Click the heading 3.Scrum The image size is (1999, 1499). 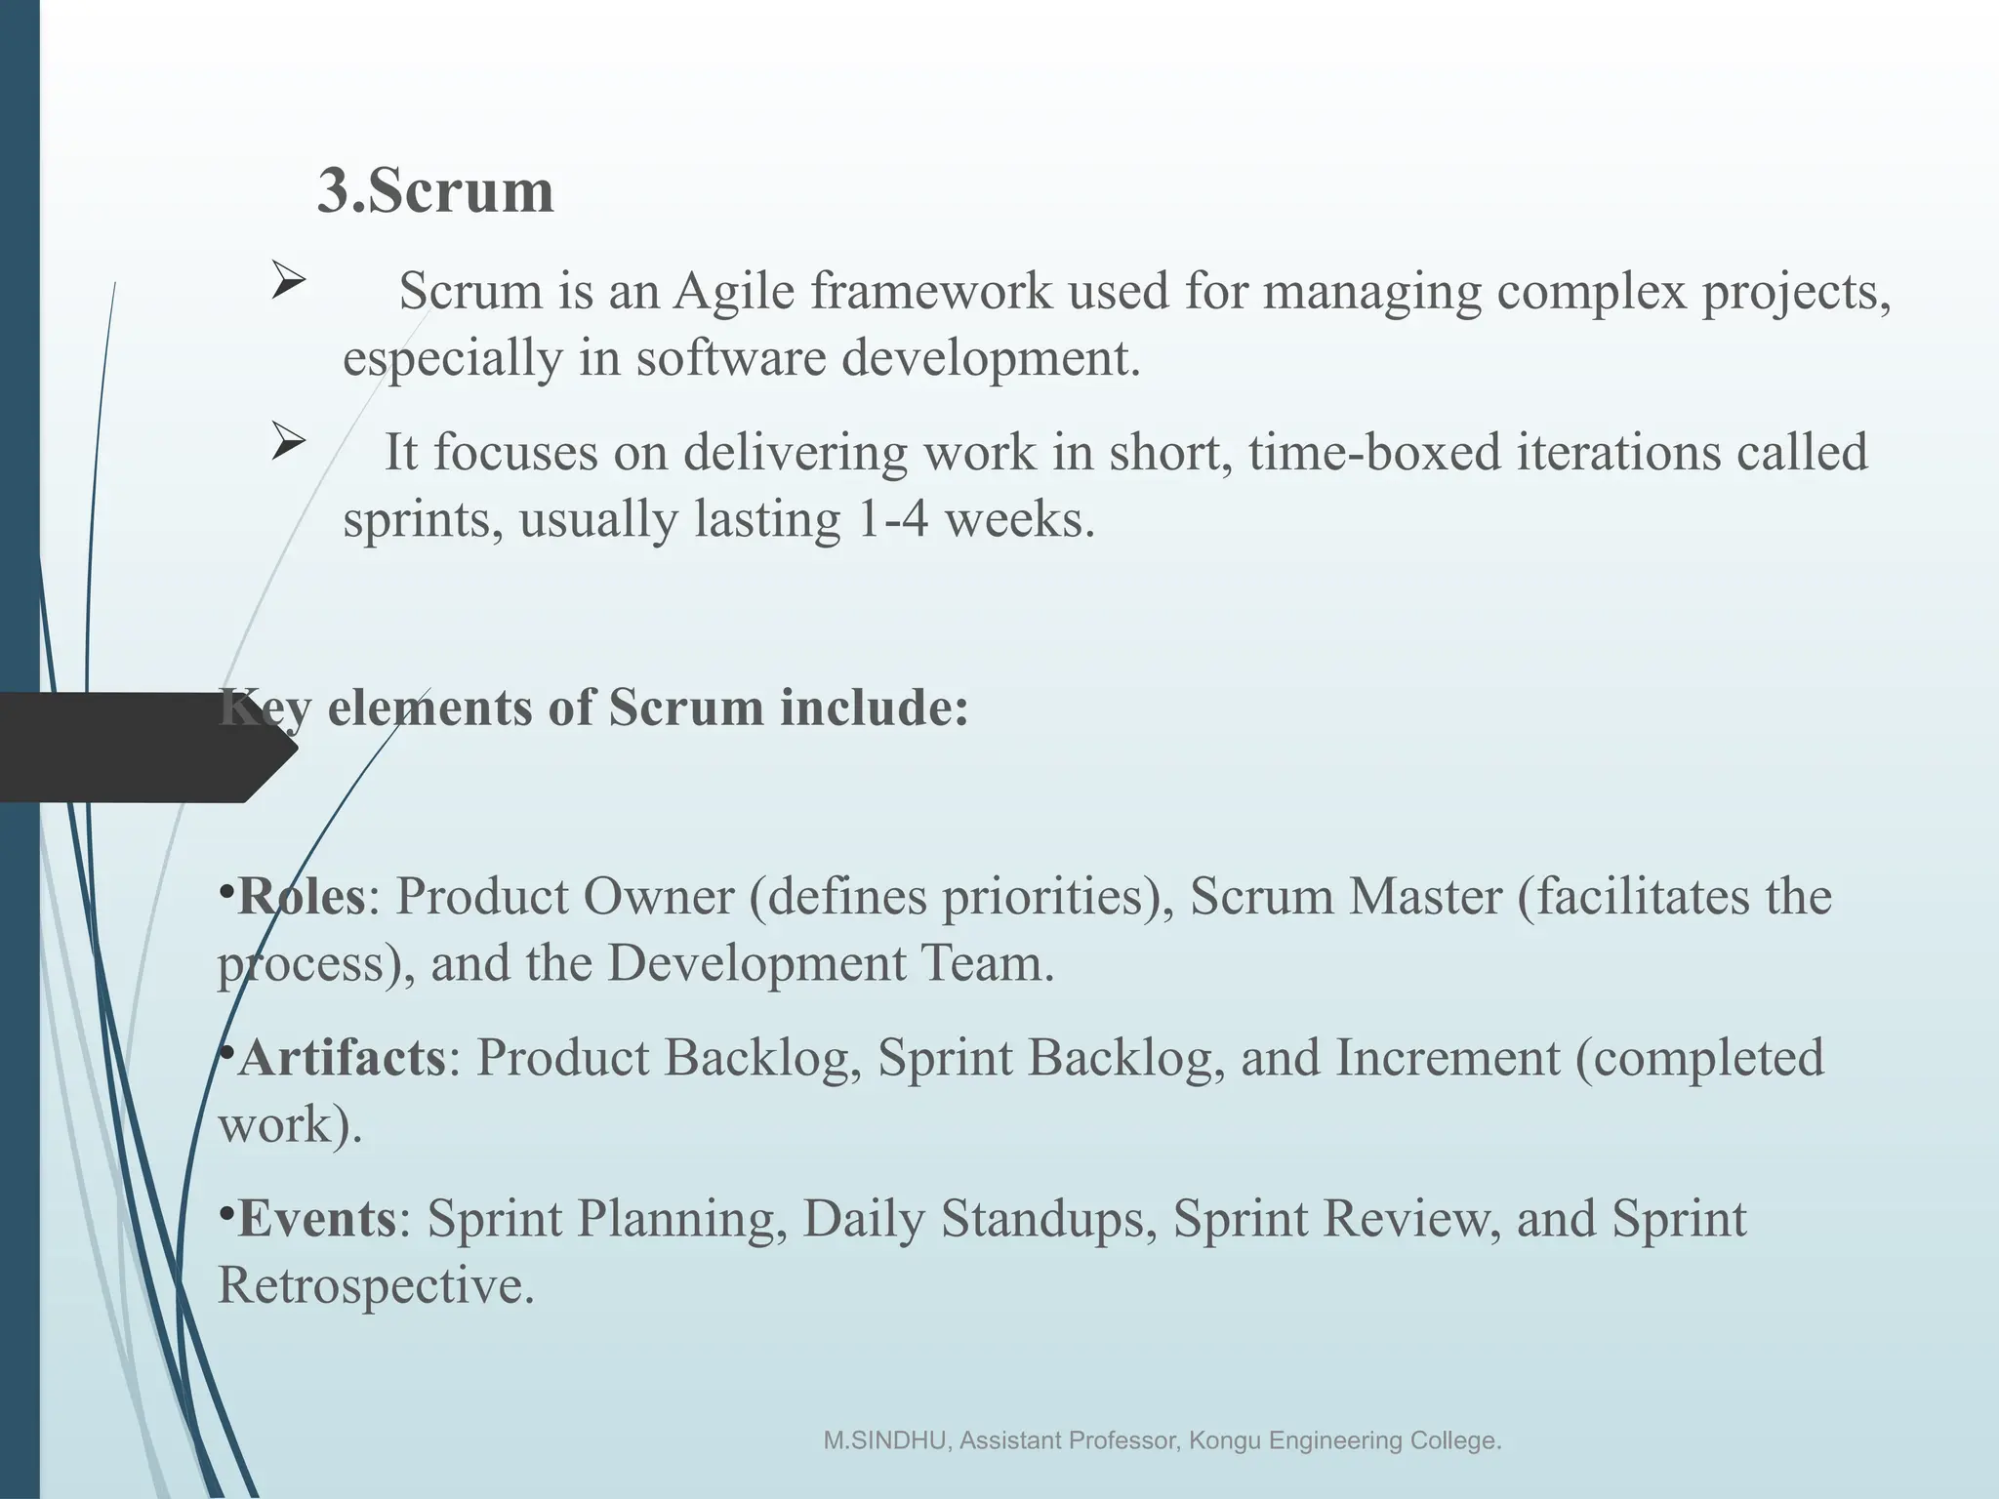[x=435, y=190]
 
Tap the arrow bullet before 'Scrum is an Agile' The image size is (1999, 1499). [x=288, y=282]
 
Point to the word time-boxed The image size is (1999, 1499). [x=1373, y=453]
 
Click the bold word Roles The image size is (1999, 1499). [x=301, y=896]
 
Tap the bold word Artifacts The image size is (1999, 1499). [x=342, y=1058]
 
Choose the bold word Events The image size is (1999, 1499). [x=316, y=1219]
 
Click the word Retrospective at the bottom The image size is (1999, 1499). [x=376, y=1285]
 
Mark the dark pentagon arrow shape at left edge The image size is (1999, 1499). [x=137, y=748]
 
